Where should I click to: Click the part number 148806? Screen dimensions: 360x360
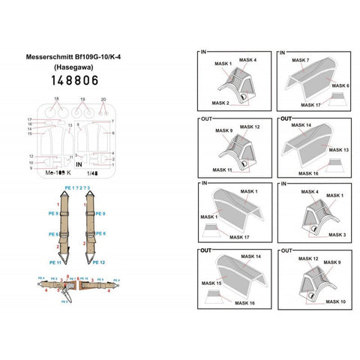pos(80,80)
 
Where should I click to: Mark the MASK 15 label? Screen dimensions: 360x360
pos(212,283)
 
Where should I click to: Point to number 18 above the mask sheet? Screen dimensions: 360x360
pos(56,99)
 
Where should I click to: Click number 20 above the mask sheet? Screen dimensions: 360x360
pos(103,99)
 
